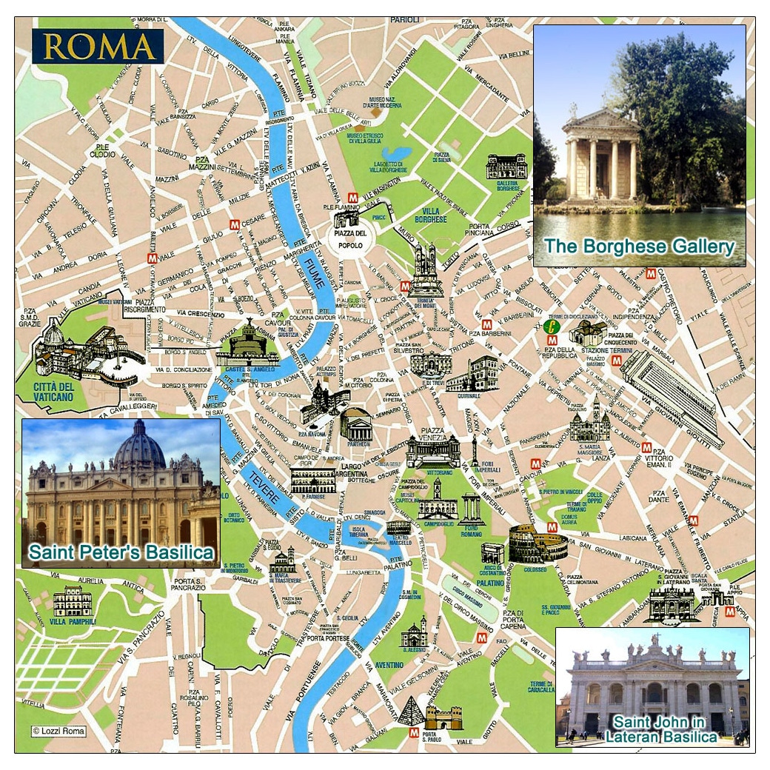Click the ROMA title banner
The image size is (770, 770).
point(97,46)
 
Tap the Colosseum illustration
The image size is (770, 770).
point(538,544)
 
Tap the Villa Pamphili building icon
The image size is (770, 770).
point(73,600)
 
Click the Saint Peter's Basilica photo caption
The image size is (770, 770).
point(121,552)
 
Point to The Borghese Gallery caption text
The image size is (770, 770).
point(639,247)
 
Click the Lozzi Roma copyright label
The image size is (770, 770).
point(58,731)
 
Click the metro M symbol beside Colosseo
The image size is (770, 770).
point(552,526)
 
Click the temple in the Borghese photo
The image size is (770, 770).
point(600,157)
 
